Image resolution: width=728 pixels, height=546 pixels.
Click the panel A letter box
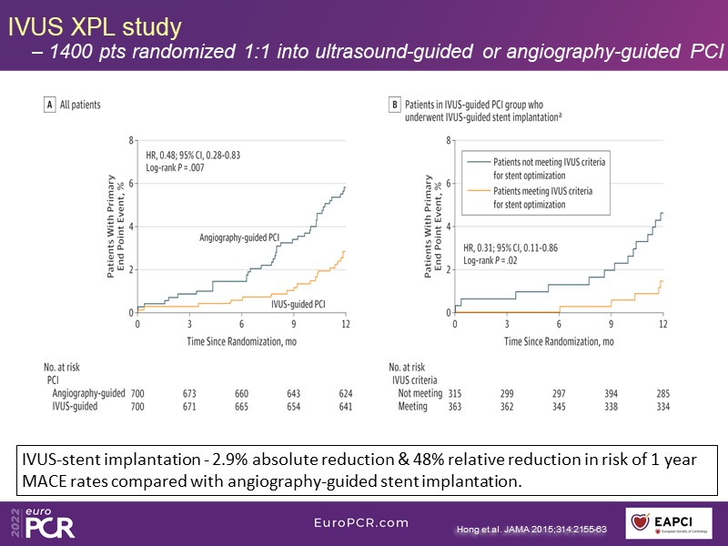click(x=50, y=105)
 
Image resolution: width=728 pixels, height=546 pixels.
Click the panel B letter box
click(x=396, y=105)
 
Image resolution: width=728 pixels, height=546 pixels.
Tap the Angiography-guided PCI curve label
click(x=238, y=238)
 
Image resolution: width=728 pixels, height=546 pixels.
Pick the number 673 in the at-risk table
click(x=189, y=393)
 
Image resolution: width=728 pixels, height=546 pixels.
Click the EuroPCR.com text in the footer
click(x=361, y=522)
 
